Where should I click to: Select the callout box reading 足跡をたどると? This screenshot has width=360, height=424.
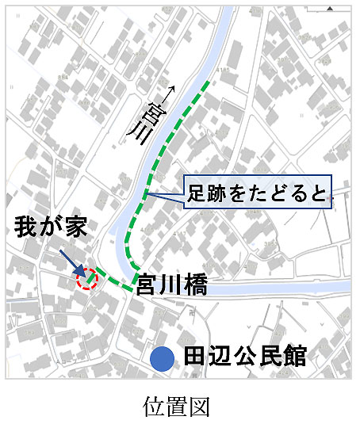(257, 193)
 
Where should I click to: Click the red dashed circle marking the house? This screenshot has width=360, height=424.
(86, 278)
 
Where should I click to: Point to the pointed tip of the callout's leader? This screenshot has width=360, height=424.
(146, 193)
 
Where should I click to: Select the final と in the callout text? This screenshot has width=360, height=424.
(316, 193)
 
